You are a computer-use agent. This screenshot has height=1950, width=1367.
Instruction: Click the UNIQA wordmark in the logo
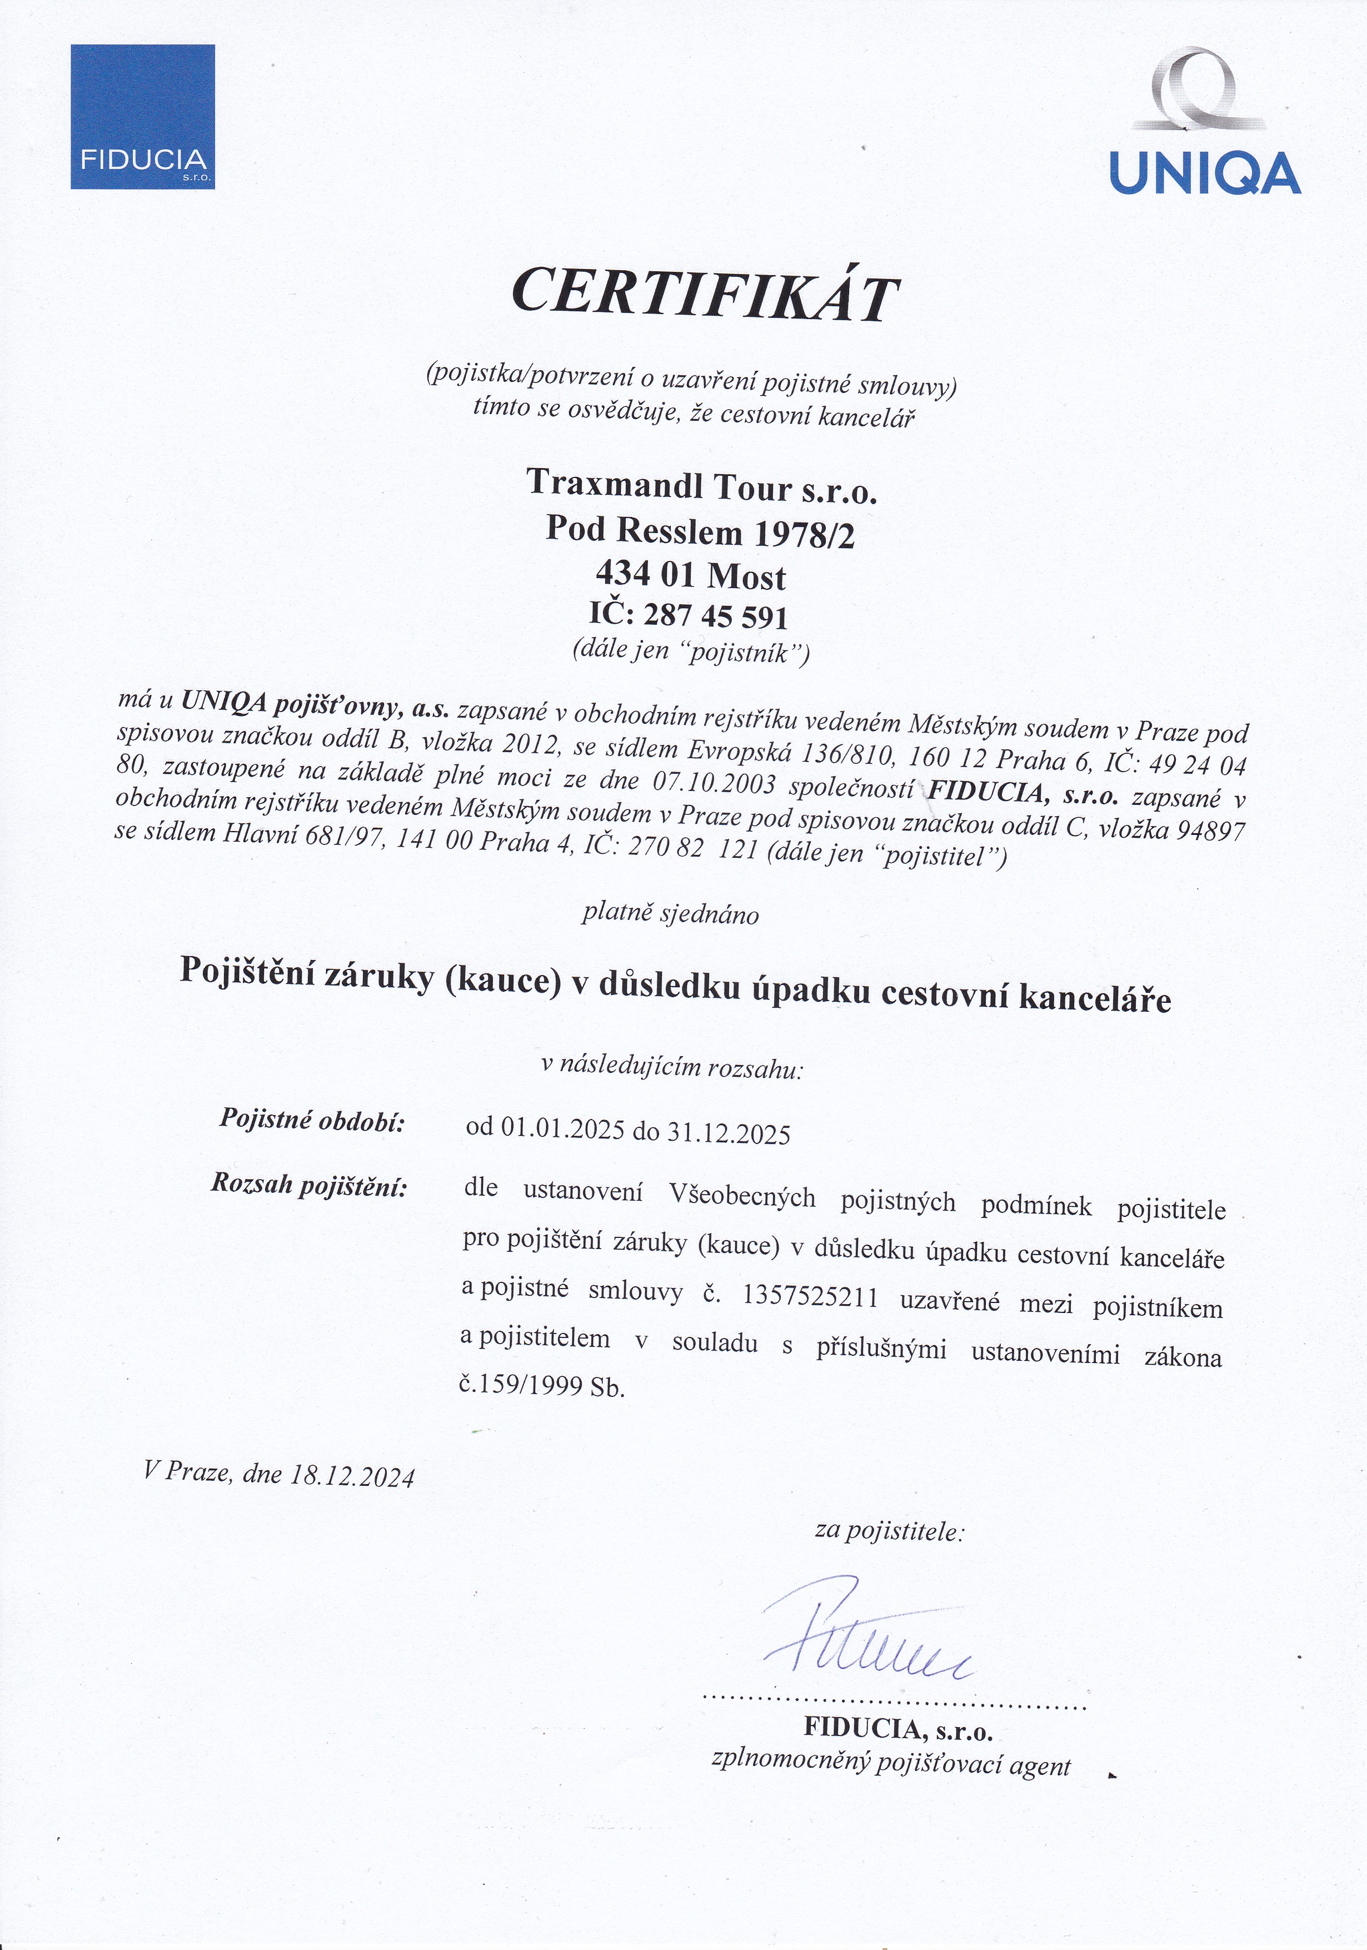point(1205,173)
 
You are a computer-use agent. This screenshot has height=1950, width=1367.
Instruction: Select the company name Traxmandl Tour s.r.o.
point(701,486)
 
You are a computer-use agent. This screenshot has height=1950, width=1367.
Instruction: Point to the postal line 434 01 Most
point(690,576)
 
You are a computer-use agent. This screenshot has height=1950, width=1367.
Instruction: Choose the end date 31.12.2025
point(729,1133)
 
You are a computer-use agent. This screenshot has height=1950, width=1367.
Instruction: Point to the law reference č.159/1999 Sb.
point(542,1385)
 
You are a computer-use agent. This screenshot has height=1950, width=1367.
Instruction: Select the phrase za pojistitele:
point(889,1531)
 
